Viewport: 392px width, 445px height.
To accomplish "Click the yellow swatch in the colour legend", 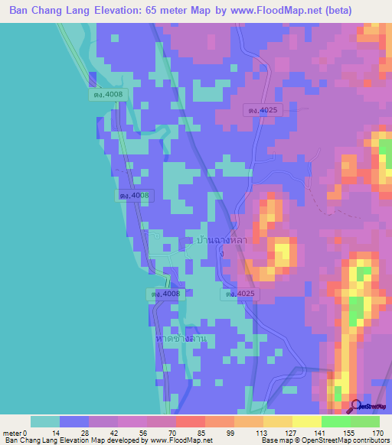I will tap(306, 421).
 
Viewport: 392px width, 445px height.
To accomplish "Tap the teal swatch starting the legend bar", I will tap(45, 421).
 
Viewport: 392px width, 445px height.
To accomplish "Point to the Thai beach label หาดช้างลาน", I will tap(180, 338).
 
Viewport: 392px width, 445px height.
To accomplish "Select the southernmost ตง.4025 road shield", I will tap(240, 294).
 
